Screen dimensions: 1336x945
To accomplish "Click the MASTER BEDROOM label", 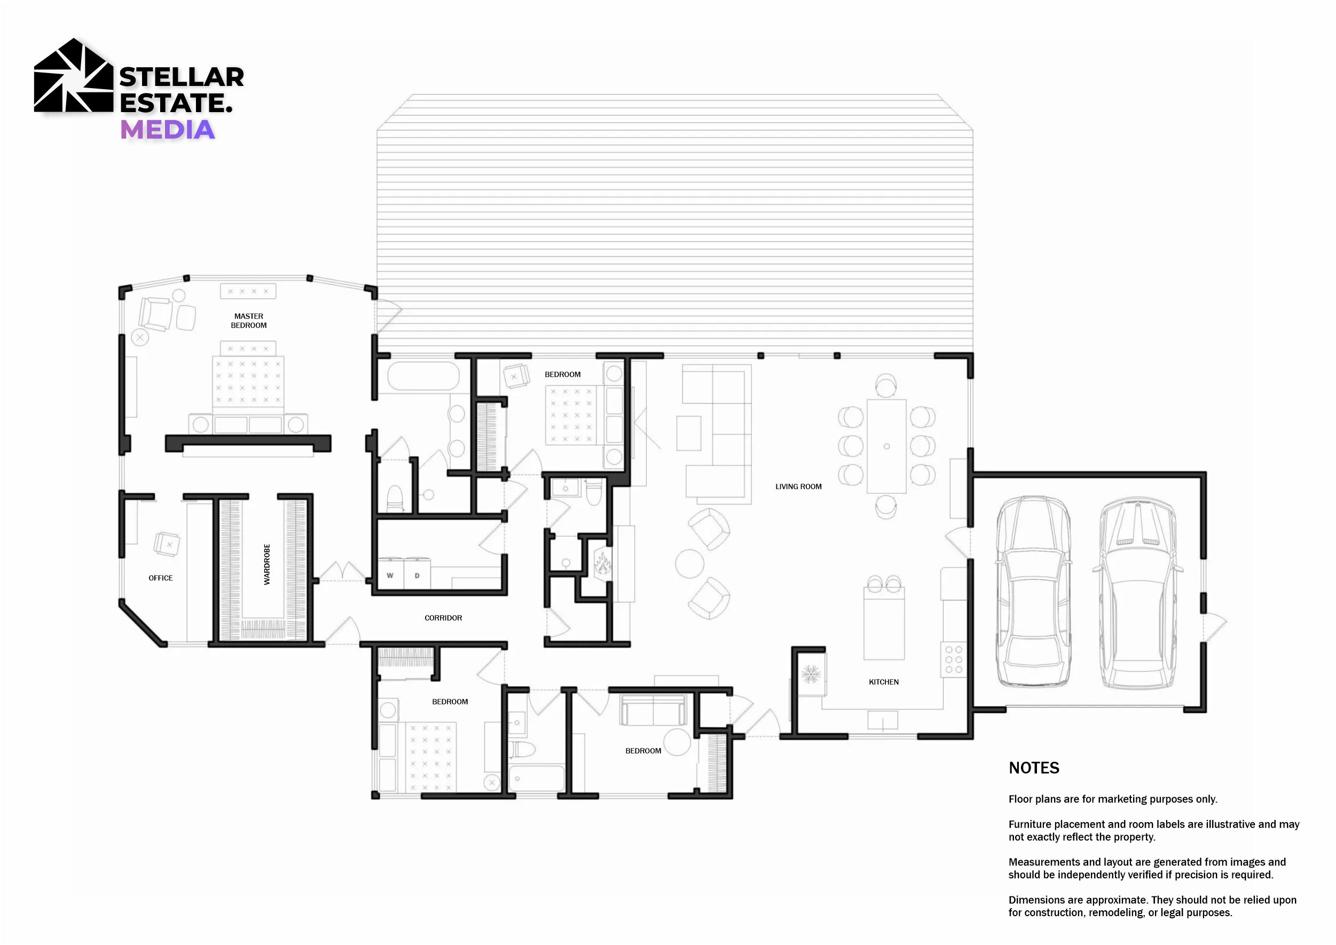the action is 248,321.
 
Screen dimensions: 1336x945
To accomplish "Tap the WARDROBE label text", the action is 267,564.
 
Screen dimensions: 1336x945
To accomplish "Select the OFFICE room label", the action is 161,578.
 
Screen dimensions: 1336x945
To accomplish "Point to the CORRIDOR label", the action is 443,618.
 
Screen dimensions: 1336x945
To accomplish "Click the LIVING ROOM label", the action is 798,486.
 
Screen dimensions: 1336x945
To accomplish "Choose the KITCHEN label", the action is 884,682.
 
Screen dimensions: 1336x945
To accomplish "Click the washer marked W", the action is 390,574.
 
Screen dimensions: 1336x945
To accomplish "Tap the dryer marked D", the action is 417,574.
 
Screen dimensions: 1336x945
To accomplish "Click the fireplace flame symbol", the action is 602,564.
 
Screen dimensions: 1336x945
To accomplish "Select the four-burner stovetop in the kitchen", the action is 954,660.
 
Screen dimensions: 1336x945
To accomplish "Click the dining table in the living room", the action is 886,446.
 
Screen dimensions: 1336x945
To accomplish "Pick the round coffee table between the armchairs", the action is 689,564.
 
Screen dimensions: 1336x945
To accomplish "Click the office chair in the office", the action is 167,544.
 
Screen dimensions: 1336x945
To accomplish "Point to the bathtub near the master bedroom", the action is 423,376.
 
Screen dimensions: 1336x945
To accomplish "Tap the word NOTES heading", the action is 1034,768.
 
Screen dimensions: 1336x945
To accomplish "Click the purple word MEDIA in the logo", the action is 168,130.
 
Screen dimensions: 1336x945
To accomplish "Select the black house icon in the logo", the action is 73,75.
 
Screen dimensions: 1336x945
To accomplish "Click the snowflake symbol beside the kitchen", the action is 811,674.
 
